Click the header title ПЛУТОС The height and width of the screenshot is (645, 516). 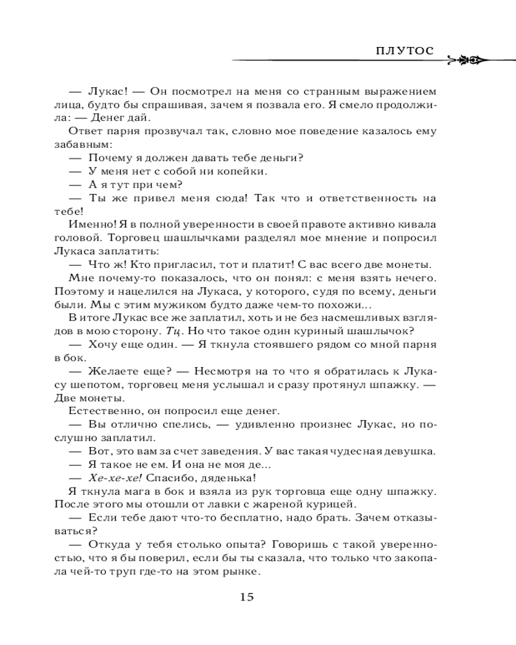pos(405,52)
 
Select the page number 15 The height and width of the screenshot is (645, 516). pos(247,597)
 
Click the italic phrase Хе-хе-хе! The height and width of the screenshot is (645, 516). pos(110,478)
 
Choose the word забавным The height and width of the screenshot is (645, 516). pos(88,145)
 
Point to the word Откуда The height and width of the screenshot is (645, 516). pos(108,546)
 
